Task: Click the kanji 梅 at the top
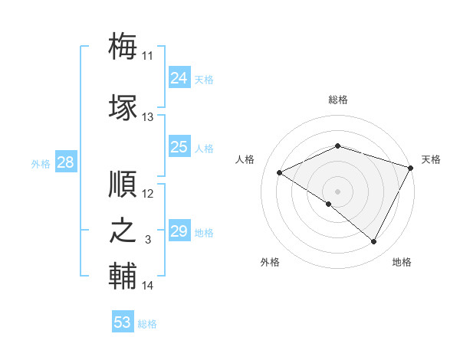click(x=123, y=46)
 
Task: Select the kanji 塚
click(x=123, y=107)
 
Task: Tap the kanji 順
click(x=123, y=184)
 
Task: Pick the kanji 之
click(x=123, y=231)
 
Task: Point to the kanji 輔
click(x=123, y=277)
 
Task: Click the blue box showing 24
click(x=179, y=78)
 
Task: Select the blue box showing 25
click(x=179, y=147)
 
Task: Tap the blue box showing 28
click(x=65, y=162)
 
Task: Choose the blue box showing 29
click(x=179, y=231)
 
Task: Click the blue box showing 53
click(x=122, y=322)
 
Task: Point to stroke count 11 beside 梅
click(x=148, y=56)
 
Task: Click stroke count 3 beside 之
click(x=148, y=240)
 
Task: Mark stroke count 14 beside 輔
click(x=148, y=286)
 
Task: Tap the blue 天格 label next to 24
click(x=203, y=80)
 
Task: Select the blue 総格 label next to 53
click(x=147, y=324)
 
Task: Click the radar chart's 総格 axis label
click(x=338, y=100)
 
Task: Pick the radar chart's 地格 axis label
click(x=402, y=262)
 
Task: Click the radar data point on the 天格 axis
click(x=412, y=167)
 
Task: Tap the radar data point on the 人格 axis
click(x=280, y=172)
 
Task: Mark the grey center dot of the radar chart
click(x=337, y=191)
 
